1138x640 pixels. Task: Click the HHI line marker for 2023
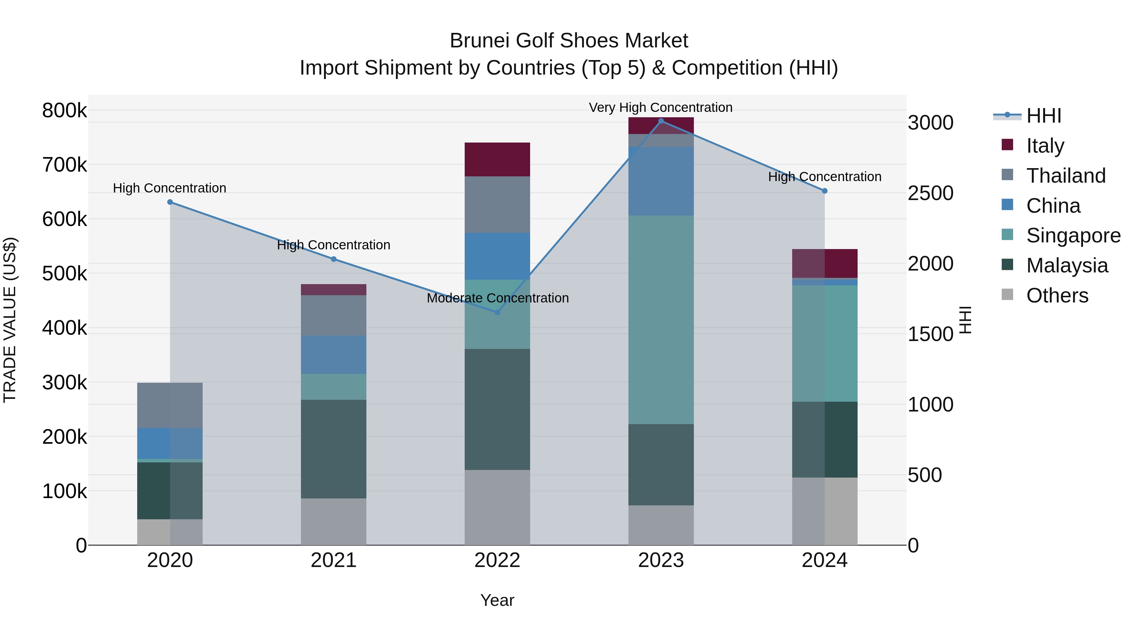(661, 121)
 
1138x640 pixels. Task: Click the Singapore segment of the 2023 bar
(661, 320)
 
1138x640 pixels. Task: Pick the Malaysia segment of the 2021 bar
(333, 449)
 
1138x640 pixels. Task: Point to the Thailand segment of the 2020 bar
(170, 405)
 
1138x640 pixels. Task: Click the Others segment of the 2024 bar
(824, 511)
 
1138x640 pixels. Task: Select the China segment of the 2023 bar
(661, 181)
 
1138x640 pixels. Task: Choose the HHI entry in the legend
(1043, 116)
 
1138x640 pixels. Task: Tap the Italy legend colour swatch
(1008, 145)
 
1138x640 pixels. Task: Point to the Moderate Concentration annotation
(498, 298)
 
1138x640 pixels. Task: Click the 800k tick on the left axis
(64, 110)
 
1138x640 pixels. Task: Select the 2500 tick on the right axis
(930, 193)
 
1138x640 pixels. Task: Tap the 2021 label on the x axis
(333, 560)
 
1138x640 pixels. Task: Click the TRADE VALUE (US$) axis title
(10, 320)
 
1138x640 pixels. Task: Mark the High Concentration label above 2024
(824, 177)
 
